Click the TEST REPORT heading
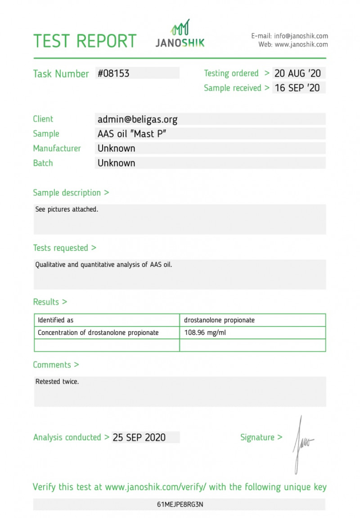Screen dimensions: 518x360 pyautogui.click(x=85, y=41)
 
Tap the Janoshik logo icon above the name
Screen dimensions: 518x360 pyautogui.click(x=180, y=28)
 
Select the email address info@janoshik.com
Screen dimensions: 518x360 pyautogui.click(x=301, y=36)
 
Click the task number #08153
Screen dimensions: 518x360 pyautogui.click(x=113, y=73)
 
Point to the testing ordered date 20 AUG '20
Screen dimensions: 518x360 pyautogui.click(x=297, y=73)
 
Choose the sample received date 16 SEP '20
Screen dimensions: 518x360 pyautogui.click(x=297, y=88)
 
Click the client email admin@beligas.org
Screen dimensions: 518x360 pyautogui.click(x=137, y=119)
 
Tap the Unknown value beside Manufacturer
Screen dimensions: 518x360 pyautogui.click(x=116, y=148)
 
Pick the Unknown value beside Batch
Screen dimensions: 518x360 pyautogui.click(x=116, y=163)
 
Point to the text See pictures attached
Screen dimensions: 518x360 pyautogui.click(x=67, y=209)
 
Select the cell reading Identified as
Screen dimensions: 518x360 pyautogui.click(x=55, y=320)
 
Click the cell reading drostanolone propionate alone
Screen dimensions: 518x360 pyautogui.click(x=219, y=320)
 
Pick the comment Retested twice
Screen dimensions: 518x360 pyautogui.click(x=57, y=382)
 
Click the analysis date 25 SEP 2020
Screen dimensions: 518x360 pyautogui.click(x=139, y=437)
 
